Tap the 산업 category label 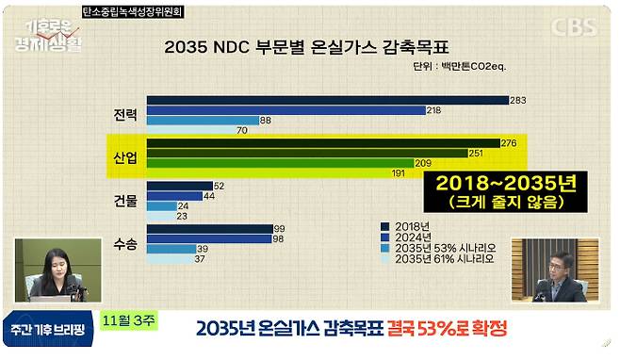coord(124,157)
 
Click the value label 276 coord(510,142)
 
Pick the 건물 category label coord(124,201)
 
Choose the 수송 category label coord(124,244)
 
